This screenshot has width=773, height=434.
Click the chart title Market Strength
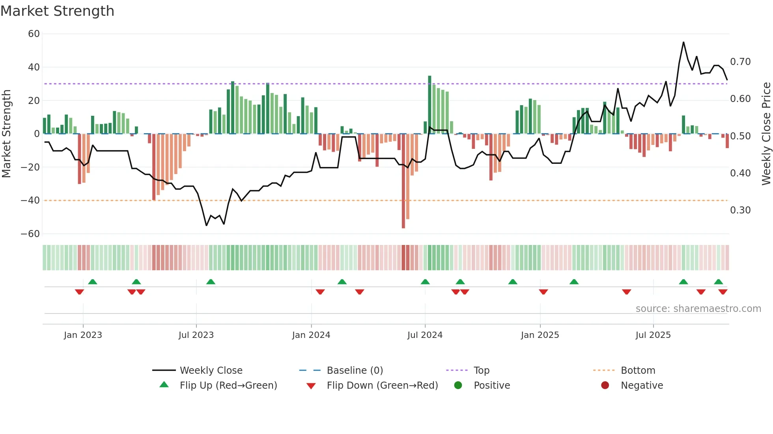point(57,11)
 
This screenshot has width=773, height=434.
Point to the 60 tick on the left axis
point(34,34)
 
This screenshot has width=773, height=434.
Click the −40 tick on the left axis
point(30,200)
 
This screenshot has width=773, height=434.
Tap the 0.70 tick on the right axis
point(740,62)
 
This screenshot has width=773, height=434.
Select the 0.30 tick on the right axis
point(740,210)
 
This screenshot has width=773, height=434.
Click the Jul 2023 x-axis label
point(196,335)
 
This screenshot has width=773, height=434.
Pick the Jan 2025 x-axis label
point(540,335)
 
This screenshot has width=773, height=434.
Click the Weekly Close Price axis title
point(766,134)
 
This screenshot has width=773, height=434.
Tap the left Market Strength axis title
point(7,134)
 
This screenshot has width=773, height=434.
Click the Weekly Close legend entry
point(211,371)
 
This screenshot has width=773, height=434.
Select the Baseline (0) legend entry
point(355,371)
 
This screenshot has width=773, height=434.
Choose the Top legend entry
point(481,371)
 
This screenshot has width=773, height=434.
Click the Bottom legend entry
point(638,371)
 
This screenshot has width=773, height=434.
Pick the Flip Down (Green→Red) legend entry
point(382,386)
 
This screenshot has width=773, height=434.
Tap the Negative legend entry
point(642,386)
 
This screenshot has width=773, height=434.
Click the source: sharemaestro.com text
point(698,309)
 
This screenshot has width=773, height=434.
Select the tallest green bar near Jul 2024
point(429,104)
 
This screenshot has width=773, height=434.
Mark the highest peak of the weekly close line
point(683,43)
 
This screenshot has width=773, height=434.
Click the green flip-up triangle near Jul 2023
point(211,282)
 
